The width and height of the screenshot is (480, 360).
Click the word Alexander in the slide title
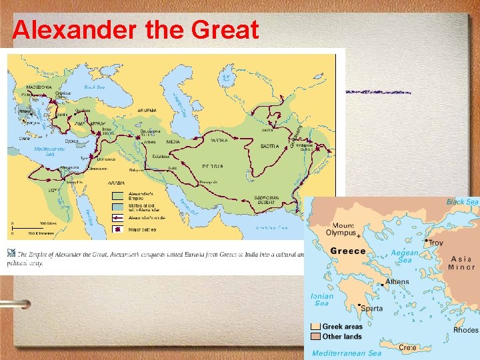[65, 29]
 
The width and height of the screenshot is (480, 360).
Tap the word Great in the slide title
[225, 29]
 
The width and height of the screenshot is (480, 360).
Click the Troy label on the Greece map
[435, 243]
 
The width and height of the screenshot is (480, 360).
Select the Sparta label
[372, 309]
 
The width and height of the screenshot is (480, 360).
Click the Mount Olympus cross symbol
[359, 235]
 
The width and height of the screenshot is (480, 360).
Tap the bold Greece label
[348, 251]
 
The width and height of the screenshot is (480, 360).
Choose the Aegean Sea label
[404, 257]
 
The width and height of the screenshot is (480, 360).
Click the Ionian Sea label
[322, 299]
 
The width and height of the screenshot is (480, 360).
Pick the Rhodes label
[465, 329]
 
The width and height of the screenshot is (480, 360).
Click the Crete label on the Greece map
[408, 347]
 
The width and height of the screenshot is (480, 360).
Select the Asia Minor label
[461, 263]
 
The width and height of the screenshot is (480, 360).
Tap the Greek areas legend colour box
[315, 327]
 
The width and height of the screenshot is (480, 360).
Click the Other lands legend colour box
[315, 337]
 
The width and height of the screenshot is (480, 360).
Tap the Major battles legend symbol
[117, 229]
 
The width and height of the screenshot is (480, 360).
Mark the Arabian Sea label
[272, 228]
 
